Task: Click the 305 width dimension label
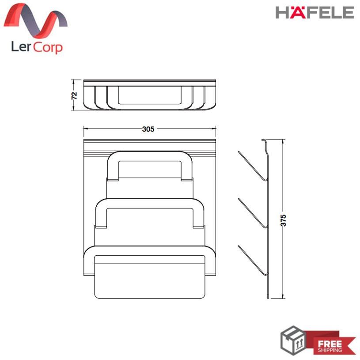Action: coord(148,129)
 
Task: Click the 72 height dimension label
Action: coord(74,95)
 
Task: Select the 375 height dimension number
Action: coord(283,220)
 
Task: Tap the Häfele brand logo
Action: coord(315,12)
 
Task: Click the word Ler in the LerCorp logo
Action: coord(21,46)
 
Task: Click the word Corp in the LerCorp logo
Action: coord(48,48)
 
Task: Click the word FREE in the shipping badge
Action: coord(330,344)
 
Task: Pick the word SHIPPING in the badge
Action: coord(330,350)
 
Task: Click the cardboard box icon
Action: coord(293,340)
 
